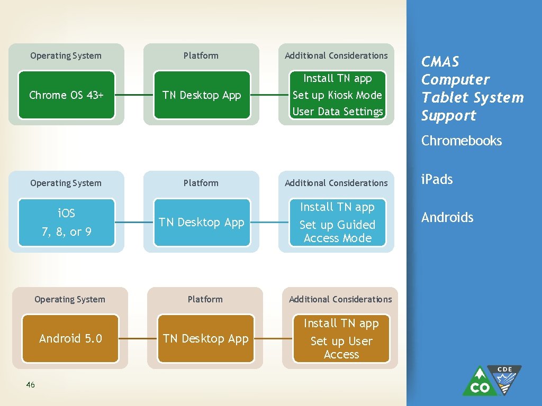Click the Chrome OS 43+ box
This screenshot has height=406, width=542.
click(66, 95)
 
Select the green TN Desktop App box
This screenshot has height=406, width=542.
click(202, 95)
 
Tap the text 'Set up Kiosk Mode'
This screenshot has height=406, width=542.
click(337, 95)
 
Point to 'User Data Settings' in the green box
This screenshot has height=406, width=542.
click(337, 112)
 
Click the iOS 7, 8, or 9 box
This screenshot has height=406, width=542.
click(66, 223)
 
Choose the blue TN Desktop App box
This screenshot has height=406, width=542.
click(202, 223)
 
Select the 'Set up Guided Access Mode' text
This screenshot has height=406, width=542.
click(337, 231)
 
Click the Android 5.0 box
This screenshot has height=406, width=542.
click(70, 339)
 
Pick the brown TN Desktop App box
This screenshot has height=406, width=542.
click(205, 339)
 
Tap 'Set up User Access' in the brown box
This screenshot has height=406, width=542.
click(341, 347)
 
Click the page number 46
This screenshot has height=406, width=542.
click(30, 385)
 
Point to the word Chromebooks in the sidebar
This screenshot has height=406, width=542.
click(461, 141)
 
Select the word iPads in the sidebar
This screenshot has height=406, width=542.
click(437, 179)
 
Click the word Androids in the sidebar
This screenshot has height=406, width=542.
click(447, 217)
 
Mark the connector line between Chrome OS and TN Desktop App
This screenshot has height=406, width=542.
click(134, 95)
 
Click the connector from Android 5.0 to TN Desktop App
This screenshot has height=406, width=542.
click(138, 339)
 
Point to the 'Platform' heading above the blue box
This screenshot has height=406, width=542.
click(201, 183)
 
